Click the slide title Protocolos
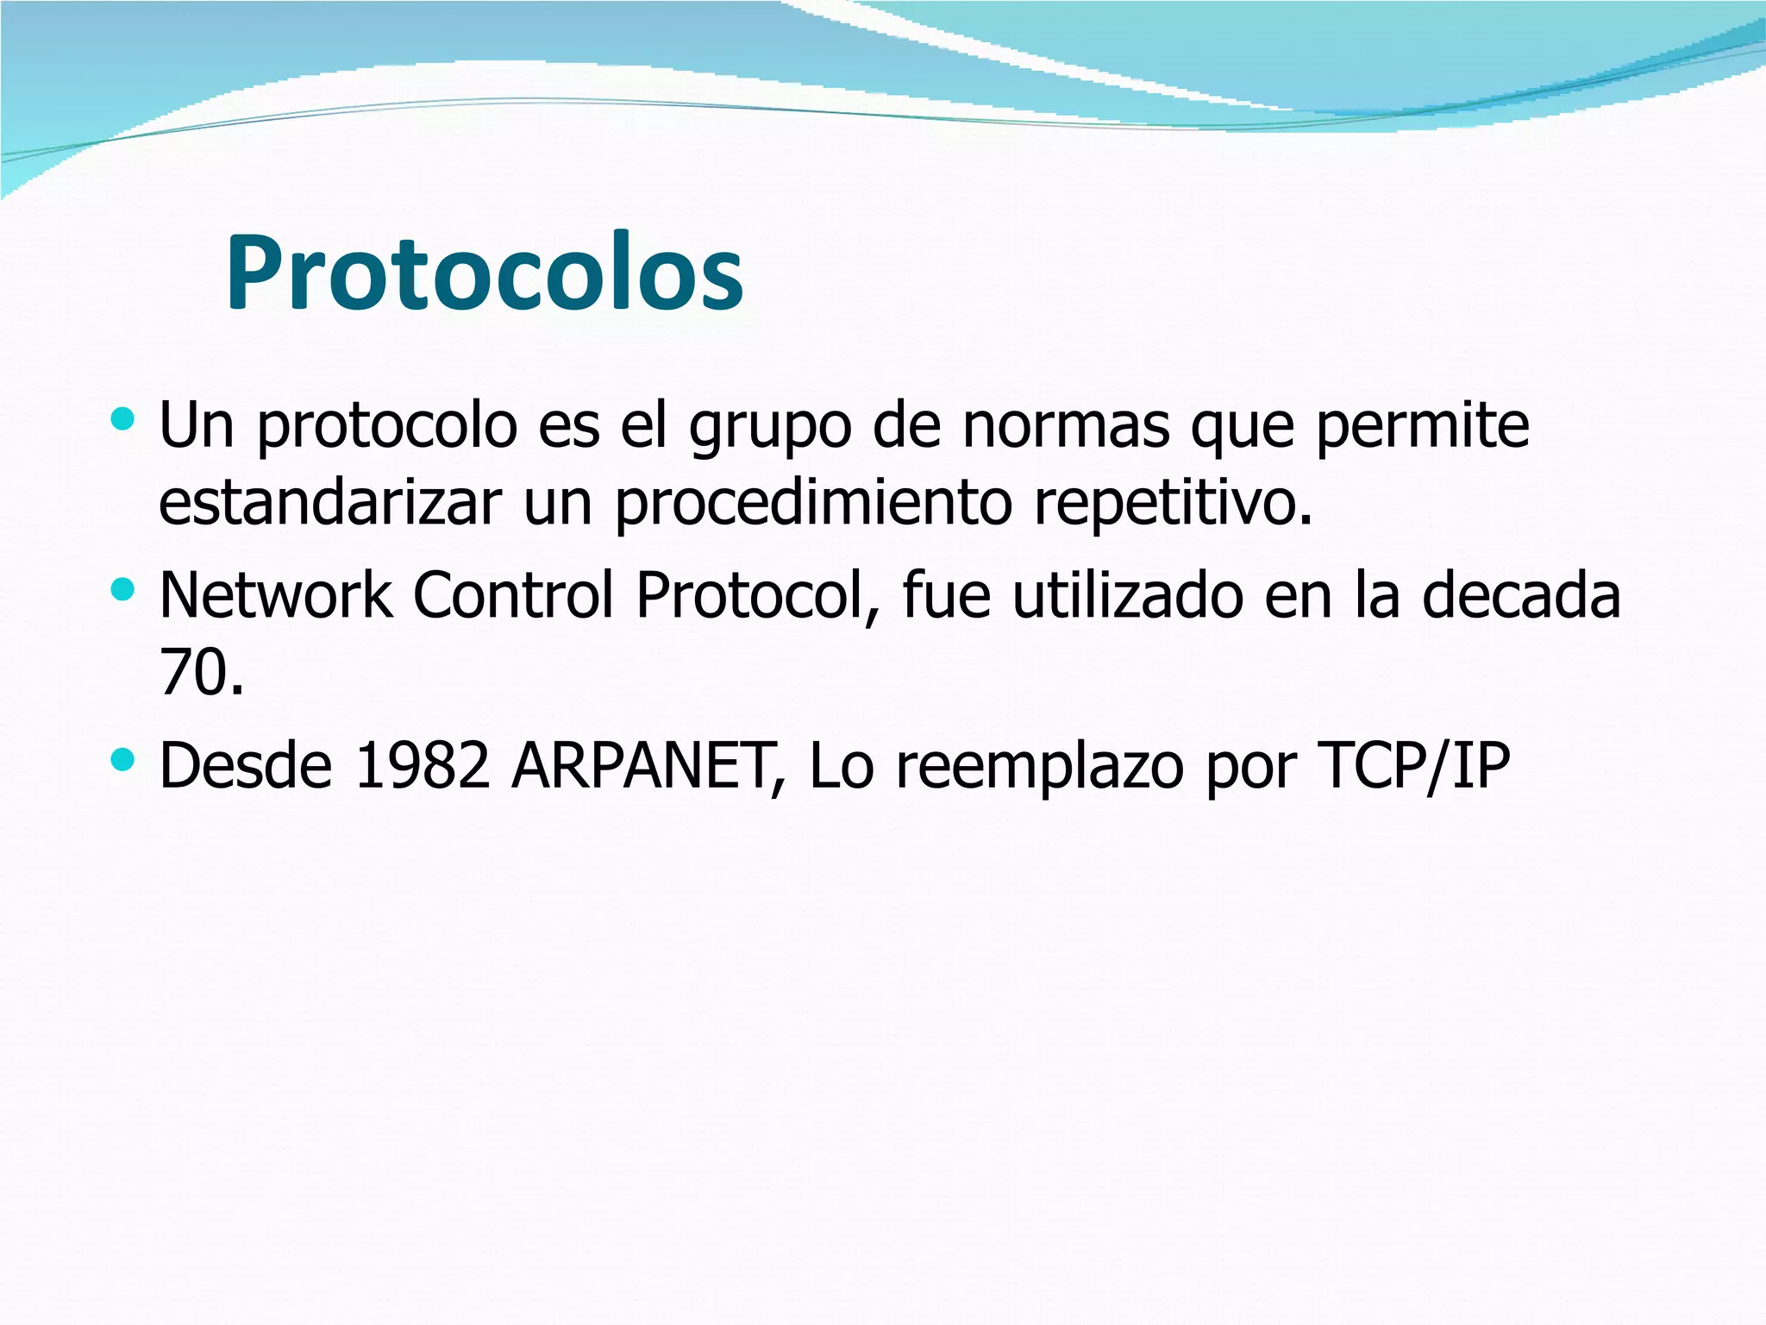point(485,274)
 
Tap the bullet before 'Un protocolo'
point(123,419)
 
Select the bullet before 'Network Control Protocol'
point(123,590)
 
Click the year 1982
point(423,766)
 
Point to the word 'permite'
point(1423,427)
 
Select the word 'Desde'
point(246,766)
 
